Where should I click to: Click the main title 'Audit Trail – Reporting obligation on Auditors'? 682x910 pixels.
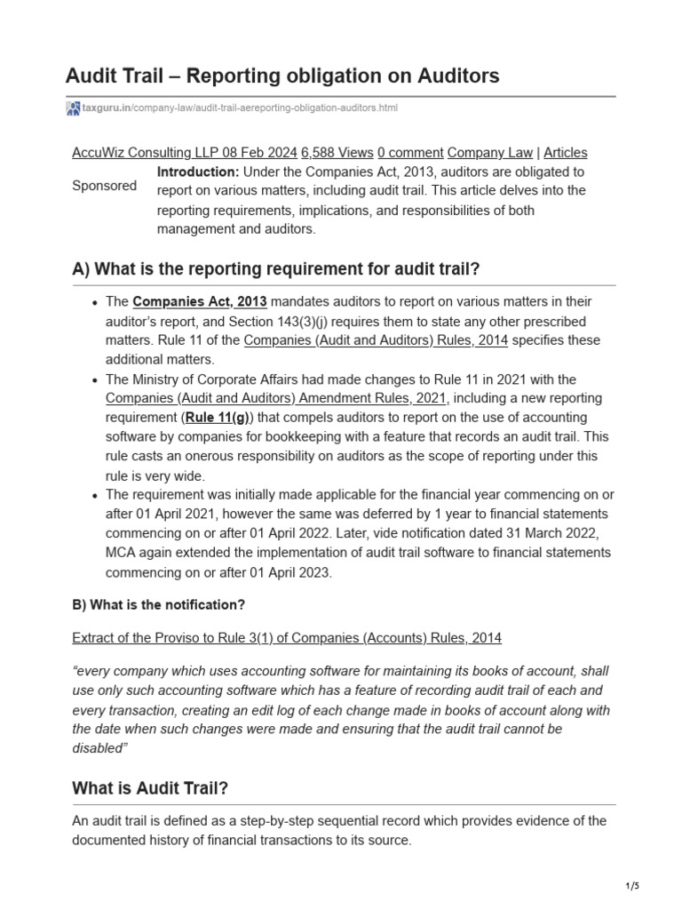(282, 76)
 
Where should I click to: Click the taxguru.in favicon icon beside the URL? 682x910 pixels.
(73, 108)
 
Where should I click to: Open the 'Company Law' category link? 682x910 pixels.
(491, 153)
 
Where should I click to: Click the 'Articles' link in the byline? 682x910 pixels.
(565, 153)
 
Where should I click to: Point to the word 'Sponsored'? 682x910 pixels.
(104, 186)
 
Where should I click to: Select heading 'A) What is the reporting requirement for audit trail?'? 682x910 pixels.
(275, 269)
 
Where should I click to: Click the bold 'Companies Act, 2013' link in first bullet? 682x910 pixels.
(200, 302)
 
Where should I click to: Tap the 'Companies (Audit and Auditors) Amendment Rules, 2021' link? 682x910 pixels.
(277, 398)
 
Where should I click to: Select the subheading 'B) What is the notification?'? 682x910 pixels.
(158, 605)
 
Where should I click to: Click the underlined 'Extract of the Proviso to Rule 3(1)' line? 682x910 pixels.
(286, 638)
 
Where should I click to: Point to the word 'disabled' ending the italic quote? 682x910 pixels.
(96, 747)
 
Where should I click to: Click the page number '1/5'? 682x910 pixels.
(631, 886)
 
